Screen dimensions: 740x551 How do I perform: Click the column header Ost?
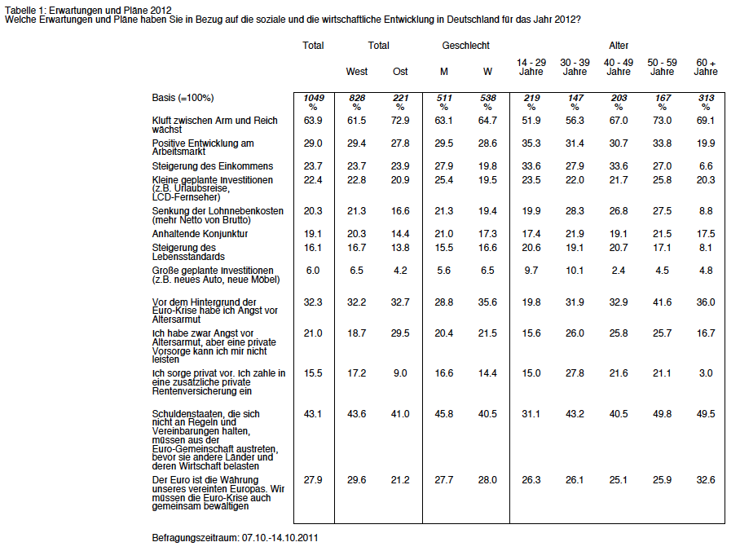400,71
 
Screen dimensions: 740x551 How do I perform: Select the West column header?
357,71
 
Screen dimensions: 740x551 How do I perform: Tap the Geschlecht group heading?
466,46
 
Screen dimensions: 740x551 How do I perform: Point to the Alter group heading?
619,46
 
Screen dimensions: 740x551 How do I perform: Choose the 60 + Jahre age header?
706,67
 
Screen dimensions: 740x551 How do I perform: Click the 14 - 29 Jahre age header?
531,67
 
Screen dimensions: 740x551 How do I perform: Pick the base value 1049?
314,98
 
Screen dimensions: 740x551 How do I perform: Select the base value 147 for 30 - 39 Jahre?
575,98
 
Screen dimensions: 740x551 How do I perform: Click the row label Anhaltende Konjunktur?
200,234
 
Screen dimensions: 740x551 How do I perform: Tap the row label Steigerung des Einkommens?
213,166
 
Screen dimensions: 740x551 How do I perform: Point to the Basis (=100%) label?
183,98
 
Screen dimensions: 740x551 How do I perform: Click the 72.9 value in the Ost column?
400,121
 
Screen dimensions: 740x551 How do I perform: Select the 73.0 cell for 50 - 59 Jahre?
662,121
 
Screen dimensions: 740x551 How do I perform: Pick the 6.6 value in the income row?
706,166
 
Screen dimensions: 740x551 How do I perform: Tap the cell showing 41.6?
662,302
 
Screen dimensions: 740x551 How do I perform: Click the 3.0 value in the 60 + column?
706,373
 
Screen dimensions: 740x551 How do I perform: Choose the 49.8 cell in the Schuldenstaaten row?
662,413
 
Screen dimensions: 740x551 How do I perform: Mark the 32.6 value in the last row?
706,480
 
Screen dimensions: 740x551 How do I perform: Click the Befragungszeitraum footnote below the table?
235,538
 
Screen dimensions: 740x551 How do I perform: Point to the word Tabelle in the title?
19,11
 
